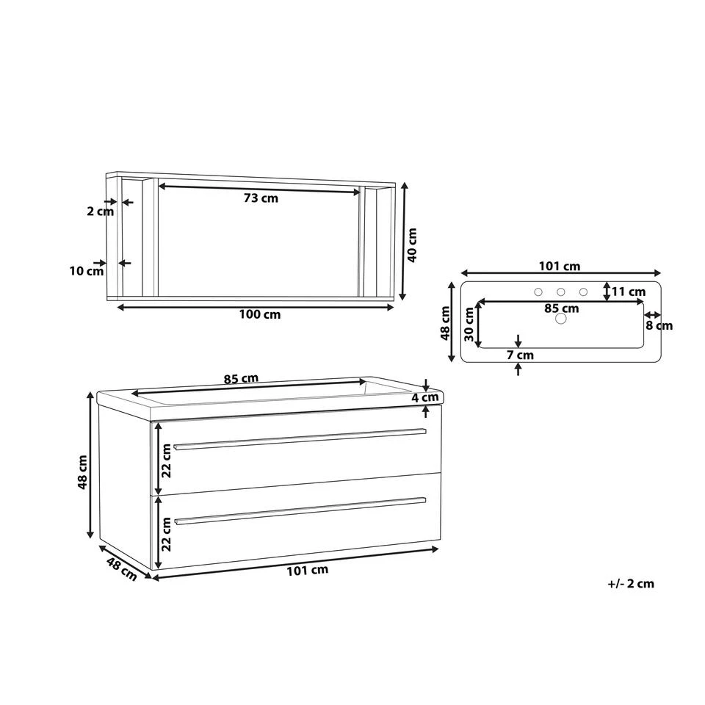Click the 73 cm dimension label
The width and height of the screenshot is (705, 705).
[x=261, y=198]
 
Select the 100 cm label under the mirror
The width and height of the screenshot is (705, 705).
[x=259, y=314]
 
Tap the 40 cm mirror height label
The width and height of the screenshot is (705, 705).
[x=412, y=245]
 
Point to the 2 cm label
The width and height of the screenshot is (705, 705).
[x=101, y=211]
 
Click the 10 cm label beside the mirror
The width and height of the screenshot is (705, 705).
[x=87, y=271]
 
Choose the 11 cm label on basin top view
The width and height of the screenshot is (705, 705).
[x=628, y=292]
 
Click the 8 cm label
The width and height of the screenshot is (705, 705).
[x=659, y=325]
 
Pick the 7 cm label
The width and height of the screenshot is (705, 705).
[x=520, y=355]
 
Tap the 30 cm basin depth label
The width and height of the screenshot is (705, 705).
[x=469, y=324]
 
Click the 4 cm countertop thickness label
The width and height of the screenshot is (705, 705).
[x=425, y=398]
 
